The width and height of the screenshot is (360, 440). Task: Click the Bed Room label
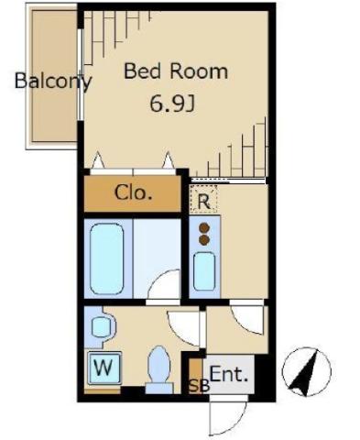[176, 71]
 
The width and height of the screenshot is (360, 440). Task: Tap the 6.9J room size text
[172, 104]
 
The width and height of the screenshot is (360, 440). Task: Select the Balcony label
[53, 81]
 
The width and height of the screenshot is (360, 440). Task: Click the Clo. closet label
[133, 192]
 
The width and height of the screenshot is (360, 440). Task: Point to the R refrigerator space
[203, 199]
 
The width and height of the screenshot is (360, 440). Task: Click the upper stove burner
[204, 228]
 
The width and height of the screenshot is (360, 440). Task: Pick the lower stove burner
[204, 240]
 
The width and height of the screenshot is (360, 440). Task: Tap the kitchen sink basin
[204, 271]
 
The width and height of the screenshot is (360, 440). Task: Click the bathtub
[107, 258]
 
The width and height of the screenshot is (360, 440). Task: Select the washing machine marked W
[104, 368]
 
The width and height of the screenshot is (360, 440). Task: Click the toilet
[159, 369]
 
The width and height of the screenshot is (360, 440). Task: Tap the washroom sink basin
[101, 327]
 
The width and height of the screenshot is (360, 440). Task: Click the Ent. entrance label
[229, 374]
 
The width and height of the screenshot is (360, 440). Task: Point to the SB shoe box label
[199, 386]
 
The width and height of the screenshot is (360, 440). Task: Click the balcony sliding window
[81, 74]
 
